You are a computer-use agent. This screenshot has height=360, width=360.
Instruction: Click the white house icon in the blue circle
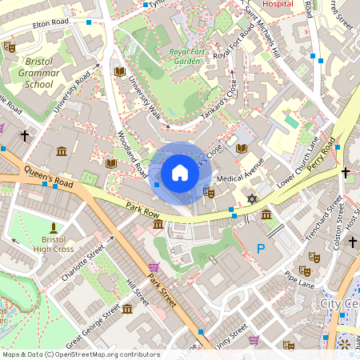coord(180,173)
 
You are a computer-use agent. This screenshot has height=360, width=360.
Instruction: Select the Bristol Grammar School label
coord(38,73)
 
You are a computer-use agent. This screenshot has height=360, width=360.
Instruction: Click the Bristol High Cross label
coord(53,244)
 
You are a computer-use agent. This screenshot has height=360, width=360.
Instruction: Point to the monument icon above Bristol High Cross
coord(54,227)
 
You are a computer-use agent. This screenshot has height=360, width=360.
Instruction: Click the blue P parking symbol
coord(260,250)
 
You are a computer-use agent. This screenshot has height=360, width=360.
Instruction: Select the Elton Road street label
coord(48,26)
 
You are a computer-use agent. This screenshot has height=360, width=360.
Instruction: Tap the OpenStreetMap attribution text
coord(80,354)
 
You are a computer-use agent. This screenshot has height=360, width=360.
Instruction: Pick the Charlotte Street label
coord(83,265)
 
